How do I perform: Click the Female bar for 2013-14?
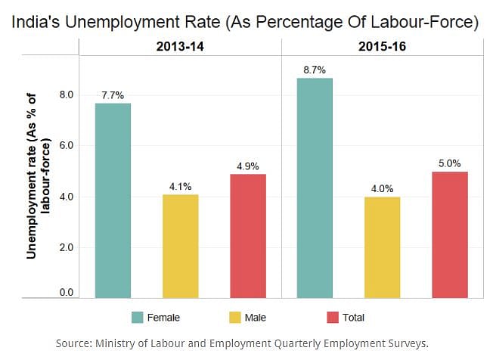(x=113, y=200)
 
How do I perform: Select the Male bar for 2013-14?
(x=181, y=246)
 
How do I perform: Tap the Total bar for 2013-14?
(x=248, y=236)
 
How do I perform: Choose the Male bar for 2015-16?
(x=382, y=247)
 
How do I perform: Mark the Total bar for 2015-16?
(x=450, y=234)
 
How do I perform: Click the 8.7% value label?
(x=315, y=70)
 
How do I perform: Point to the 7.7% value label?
(x=113, y=95)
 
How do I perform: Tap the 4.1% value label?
(x=181, y=186)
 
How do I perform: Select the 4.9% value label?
(x=248, y=166)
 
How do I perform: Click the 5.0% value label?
(x=450, y=163)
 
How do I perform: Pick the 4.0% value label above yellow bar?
(x=382, y=188)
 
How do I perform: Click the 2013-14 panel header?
(x=180, y=47)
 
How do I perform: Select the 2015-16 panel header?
(x=382, y=47)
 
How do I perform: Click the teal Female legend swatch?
(x=137, y=318)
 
